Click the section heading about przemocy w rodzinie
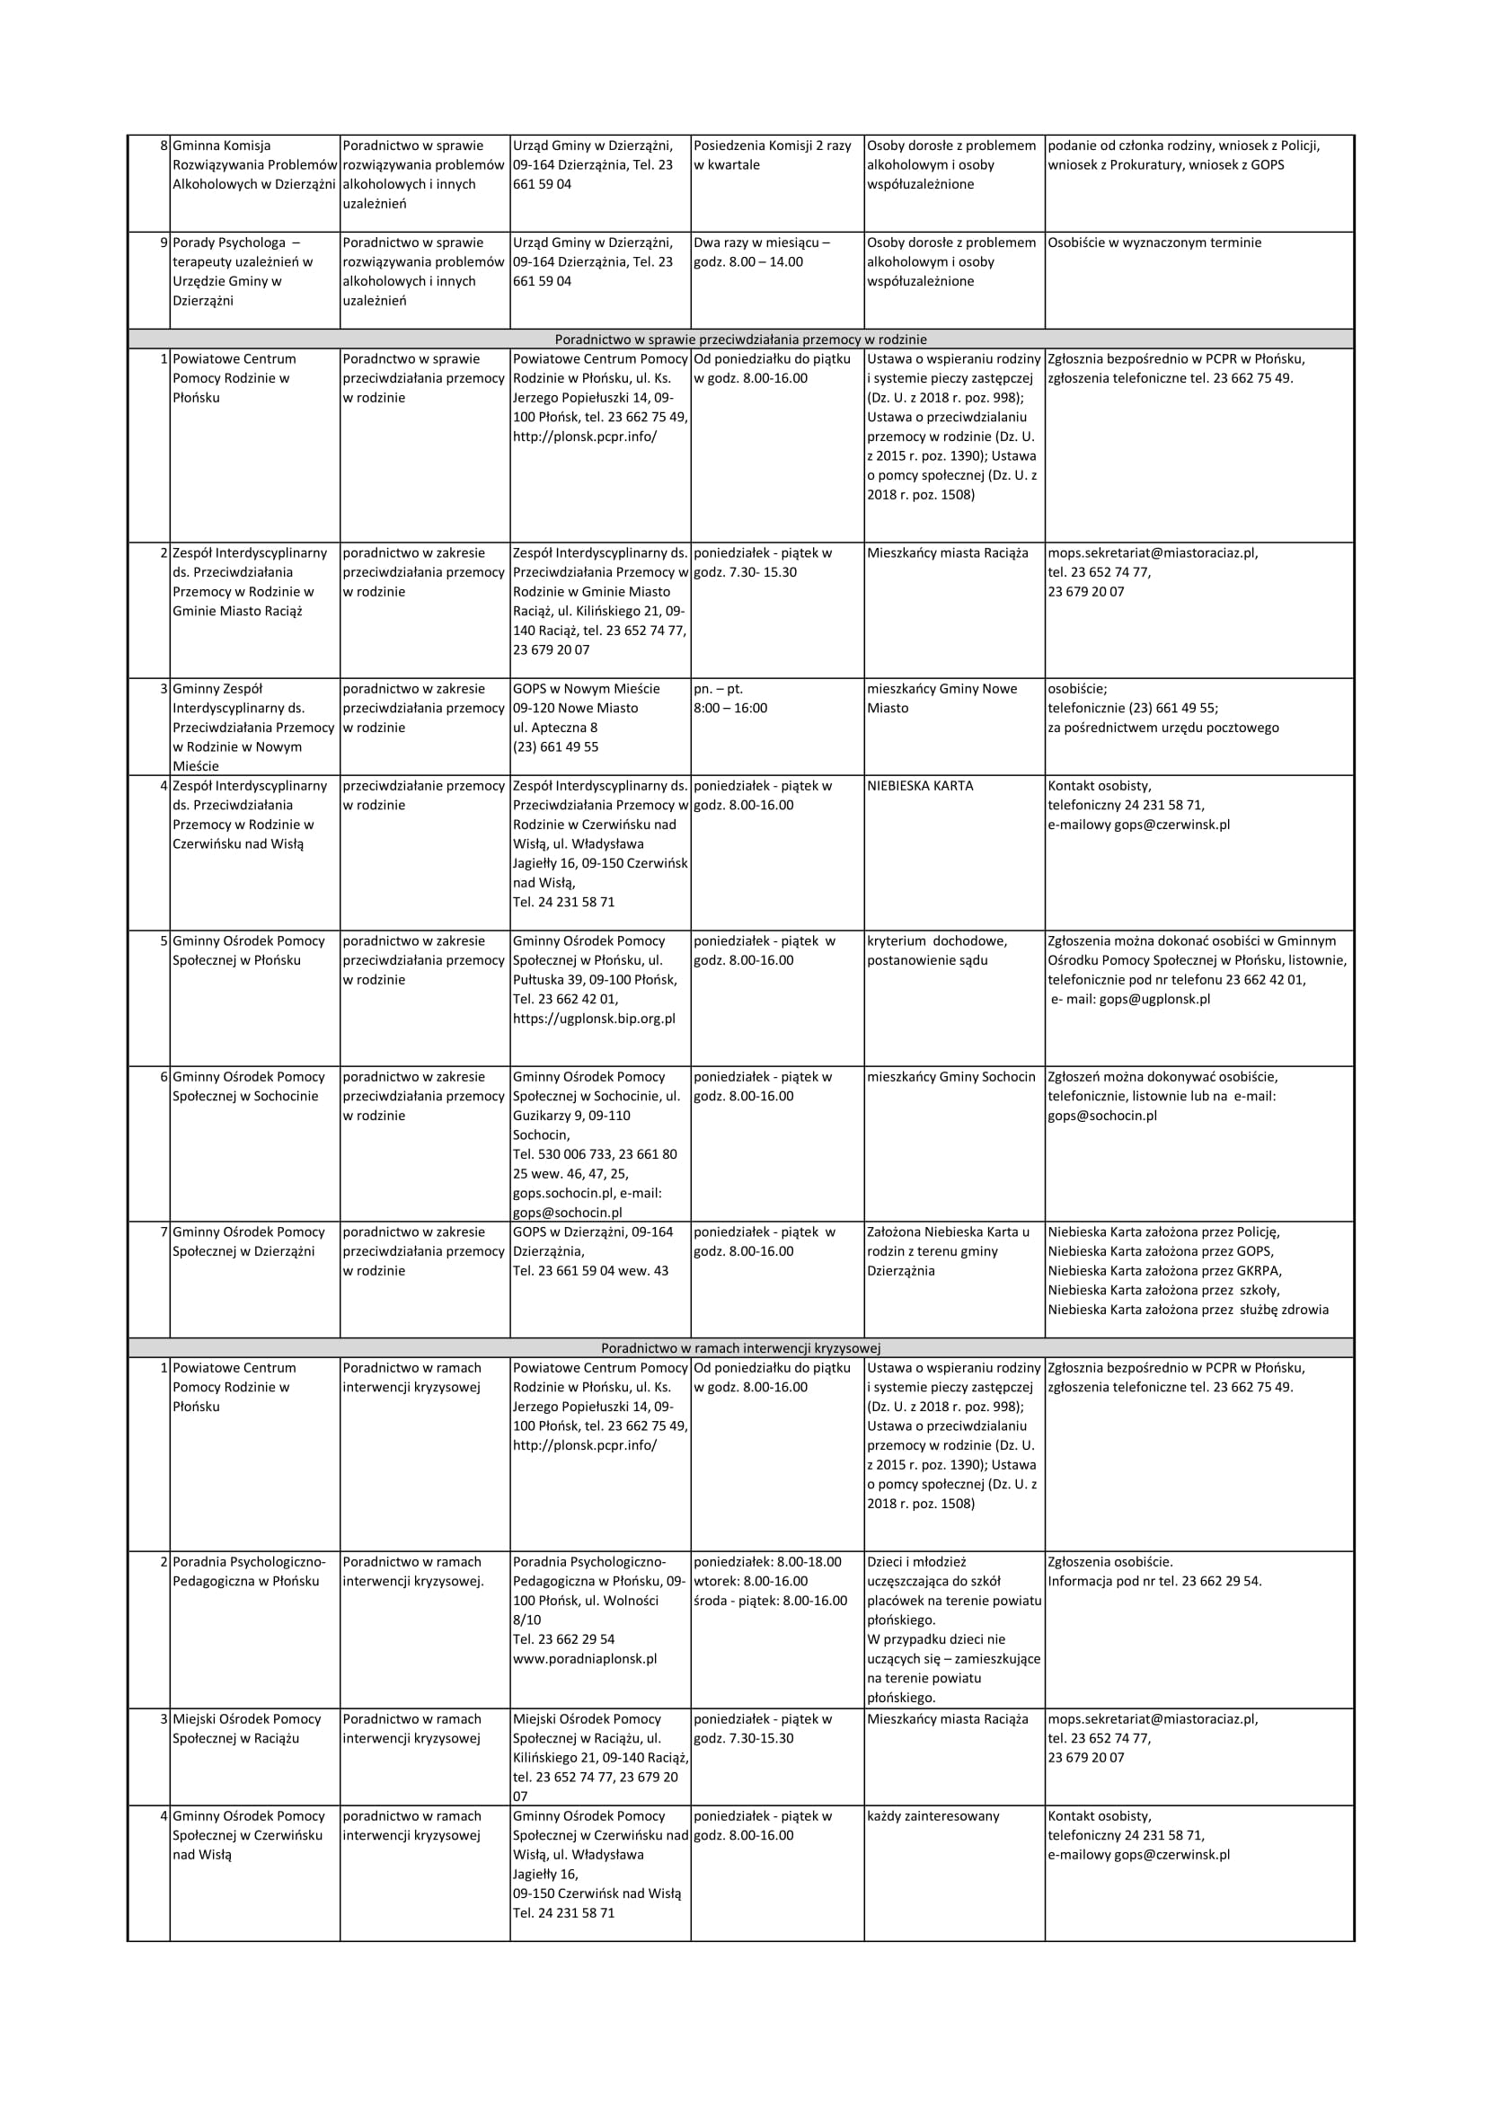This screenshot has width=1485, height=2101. tap(740, 340)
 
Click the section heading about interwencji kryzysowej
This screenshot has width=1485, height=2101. tap(740, 1348)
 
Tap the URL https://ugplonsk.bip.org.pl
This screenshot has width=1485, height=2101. tap(594, 1019)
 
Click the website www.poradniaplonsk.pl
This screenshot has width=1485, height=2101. tap(585, 1659)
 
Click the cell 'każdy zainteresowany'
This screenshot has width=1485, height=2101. tap(933, 1816)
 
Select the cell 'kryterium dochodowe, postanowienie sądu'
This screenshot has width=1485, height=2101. tap(937, 950)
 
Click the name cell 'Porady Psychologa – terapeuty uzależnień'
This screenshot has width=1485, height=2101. tap(243, 272)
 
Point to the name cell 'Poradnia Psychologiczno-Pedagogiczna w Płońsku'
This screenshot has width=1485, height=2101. tap(249, 1572)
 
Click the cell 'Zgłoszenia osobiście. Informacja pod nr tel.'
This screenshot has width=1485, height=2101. tap(1154, 1572)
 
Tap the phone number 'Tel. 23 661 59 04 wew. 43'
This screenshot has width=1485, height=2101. tap(590, 1271)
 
